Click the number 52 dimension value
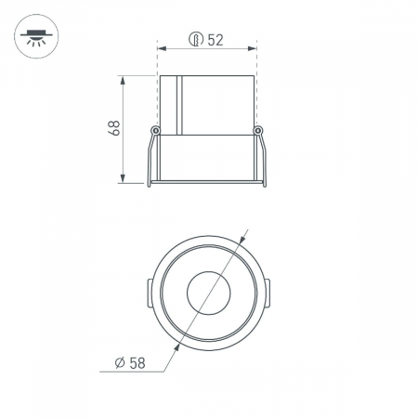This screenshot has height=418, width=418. [215, 40]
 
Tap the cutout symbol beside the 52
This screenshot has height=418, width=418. [195, 40]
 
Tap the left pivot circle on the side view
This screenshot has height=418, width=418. [155, 129]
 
